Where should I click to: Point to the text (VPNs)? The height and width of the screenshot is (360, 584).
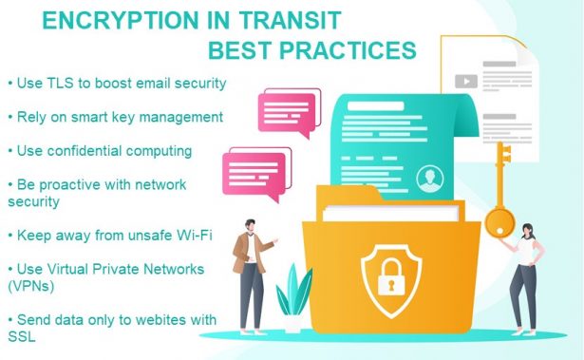coord(32,284)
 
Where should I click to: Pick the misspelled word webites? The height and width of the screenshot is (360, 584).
coord(153,318)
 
